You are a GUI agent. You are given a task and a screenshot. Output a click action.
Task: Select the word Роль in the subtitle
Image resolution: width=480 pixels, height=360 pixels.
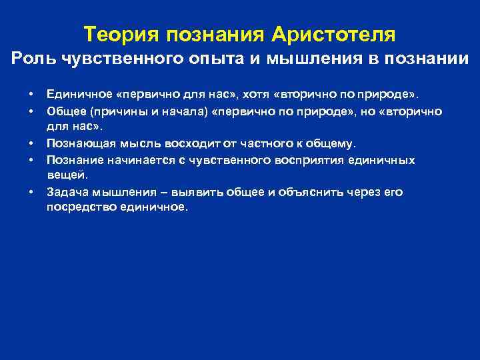(34, 59)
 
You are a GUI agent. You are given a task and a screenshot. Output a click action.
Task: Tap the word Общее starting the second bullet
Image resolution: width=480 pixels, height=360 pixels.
(64, 111)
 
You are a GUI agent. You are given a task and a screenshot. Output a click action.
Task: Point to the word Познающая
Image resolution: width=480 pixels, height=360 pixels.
(75, 143)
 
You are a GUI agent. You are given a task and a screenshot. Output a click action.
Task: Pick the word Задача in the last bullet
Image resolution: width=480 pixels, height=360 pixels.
(66, 193)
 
